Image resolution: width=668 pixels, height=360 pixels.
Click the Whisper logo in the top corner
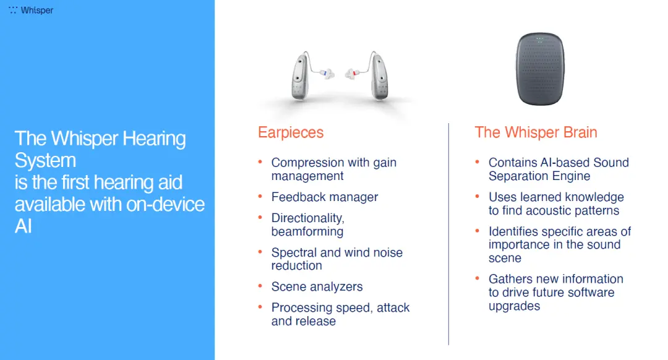tap(31, 10)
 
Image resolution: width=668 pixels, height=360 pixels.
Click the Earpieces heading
tap(291, 132)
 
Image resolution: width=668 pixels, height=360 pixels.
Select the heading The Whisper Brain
tap(536, 132)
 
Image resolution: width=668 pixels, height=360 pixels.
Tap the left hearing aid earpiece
tap(301, 76)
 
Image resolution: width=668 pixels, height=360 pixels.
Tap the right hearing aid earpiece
tap(378, 76)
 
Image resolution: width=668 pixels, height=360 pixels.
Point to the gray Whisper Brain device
tap(540, 69)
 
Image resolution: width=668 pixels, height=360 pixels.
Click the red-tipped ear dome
tap(352, 74)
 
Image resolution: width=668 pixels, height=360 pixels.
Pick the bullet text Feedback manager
tap(325, 197)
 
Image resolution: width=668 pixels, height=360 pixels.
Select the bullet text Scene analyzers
tap(317, 287)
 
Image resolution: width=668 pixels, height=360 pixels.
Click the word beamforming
tap(307, 231)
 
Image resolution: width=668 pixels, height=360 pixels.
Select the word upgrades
tap(514, 306)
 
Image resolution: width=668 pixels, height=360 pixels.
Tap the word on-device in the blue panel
tap(166, 205)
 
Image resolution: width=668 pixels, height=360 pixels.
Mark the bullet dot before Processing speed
tap(260, 307)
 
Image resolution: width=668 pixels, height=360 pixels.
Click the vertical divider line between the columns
tap(448, 234)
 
